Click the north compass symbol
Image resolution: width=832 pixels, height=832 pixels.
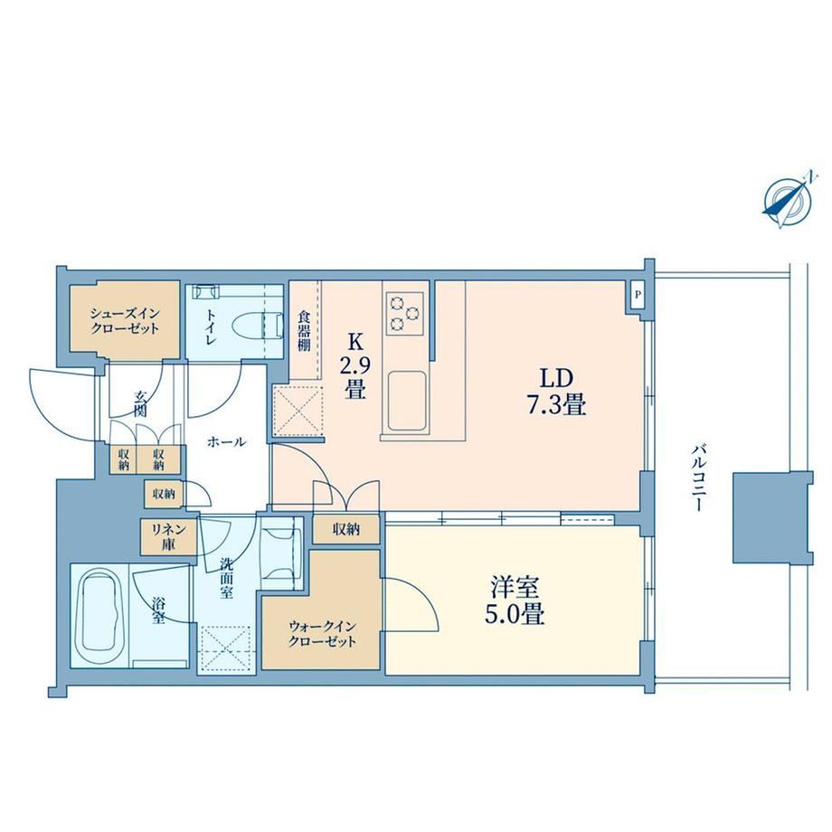(789, 201)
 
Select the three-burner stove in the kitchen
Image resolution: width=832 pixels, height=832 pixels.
(404, 313)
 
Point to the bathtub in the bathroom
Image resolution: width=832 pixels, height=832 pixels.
(100, 614)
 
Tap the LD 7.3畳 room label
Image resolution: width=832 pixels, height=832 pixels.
(556, 392)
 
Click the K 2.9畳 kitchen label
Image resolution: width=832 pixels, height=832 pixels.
(355, 366)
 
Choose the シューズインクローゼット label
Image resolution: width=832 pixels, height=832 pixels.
(125, 320)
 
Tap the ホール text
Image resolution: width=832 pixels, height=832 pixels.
(227, 441)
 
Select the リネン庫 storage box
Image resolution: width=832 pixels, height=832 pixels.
(168, 536)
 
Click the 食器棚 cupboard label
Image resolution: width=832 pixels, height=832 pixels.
(304, 331)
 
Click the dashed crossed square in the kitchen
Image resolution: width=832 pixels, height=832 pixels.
(298, 412)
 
